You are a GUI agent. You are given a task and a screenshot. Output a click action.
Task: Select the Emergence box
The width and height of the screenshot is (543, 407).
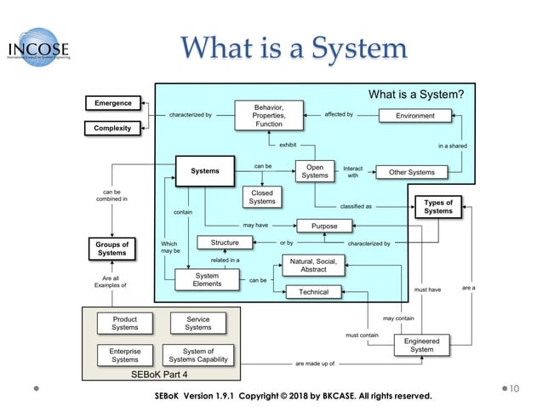(112, 103)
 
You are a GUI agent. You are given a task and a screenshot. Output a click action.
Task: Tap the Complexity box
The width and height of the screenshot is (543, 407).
(112, 129)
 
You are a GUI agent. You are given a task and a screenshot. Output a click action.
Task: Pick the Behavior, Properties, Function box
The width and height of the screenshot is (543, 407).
(269, 115)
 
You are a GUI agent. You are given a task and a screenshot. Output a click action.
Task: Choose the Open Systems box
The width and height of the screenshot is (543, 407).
(315, 170)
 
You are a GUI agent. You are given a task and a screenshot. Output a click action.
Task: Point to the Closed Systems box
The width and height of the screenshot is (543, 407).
(262, 197)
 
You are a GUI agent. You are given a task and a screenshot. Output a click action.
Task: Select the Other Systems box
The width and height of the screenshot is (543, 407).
(411, 172)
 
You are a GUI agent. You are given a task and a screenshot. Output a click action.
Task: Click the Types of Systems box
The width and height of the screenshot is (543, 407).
(438, 207)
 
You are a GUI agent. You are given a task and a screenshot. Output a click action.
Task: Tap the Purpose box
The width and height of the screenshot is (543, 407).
(324, 226)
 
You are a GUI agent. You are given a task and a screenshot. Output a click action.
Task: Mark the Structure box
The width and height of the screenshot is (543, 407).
(225, 243)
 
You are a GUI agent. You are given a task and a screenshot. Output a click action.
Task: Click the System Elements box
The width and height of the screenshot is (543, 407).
(207, 279)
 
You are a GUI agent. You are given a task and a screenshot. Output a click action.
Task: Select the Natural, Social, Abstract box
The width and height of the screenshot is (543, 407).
(313, 265)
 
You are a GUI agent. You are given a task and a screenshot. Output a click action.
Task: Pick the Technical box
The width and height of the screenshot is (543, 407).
(313, 292)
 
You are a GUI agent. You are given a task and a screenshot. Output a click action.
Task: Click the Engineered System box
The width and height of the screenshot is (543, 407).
(421, 345)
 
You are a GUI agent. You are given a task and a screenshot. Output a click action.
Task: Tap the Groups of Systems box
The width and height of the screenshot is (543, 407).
(111, 249)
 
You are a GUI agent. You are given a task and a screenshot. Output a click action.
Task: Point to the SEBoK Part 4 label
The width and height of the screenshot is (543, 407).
(161, 374)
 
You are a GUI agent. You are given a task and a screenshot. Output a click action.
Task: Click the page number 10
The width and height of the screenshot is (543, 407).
(514, 389)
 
